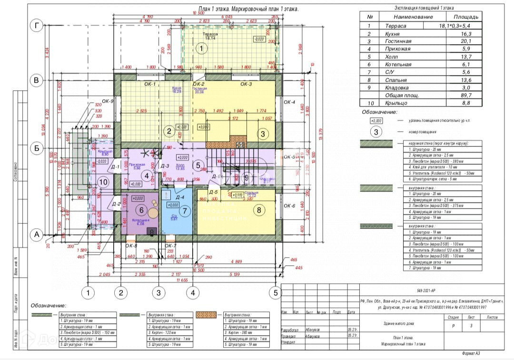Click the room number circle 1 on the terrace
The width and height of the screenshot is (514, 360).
tap(201, 48)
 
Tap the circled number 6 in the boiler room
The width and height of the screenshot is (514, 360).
tap(141, 209)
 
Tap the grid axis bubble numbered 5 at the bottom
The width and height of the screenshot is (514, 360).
tap(275, 292)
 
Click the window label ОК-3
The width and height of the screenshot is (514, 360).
tap(246, 84)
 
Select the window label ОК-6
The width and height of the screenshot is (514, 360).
tap(289, 206)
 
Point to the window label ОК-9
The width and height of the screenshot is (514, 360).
tap(109, 101)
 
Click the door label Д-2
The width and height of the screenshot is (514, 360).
tap(116, 204)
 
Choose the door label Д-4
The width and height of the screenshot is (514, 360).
tap(179, 196)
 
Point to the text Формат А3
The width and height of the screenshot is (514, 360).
tap(475, 353)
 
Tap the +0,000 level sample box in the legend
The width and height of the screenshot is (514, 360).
tap(376, 121)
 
